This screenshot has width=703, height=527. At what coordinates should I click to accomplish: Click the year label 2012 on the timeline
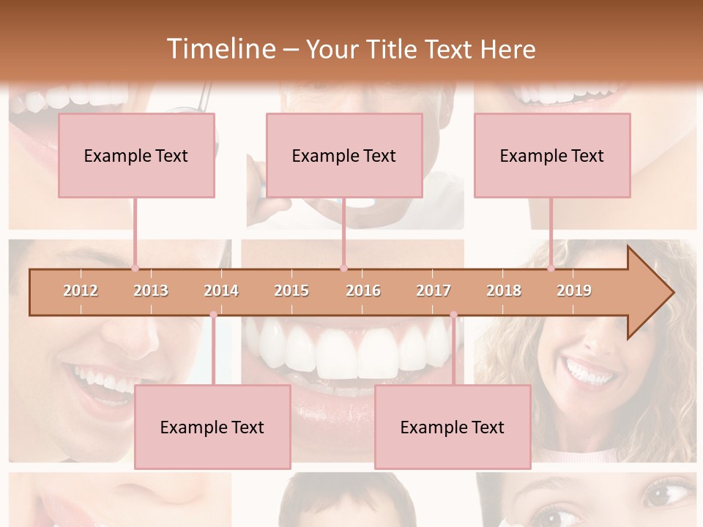(81, 291)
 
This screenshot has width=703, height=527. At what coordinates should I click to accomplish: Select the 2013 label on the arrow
(151, 291)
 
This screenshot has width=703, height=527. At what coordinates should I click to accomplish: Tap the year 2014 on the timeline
(221, 291)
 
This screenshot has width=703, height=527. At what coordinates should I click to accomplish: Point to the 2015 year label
(291, 291)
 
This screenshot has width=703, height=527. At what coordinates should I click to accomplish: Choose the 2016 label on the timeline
(363, 291)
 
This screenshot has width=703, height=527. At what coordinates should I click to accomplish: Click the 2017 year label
(434, 291)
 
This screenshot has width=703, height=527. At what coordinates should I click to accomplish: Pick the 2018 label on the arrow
(504, 291)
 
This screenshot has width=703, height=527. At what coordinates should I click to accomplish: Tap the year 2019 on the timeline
(574, 291)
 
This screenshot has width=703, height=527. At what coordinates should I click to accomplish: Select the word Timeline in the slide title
(220, 49)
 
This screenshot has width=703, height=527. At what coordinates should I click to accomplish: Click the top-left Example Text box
(136, 155)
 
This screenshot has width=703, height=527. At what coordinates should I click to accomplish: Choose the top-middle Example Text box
(344, 155)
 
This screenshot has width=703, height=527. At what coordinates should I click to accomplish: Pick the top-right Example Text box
(552, 155)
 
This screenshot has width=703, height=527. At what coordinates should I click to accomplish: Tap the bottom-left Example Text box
(212, 427)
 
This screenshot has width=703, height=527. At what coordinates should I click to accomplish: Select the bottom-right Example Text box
(453, 427)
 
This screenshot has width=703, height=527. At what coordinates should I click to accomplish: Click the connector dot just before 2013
(135, 269)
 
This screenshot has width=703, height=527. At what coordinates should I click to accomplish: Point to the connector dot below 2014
(213, 315)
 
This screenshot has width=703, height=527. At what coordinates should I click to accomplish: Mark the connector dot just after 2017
(453, 315)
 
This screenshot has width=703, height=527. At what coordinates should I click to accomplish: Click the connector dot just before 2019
(551, 269)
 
